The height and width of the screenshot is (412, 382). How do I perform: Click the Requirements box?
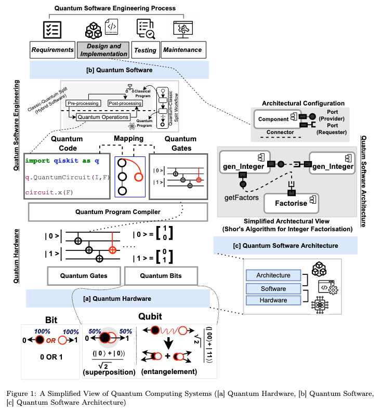pyautogui.click(x=52, y=50)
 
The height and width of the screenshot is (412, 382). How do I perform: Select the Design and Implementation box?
pyautogui.click(x=103, y=50)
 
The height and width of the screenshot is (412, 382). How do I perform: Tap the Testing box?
pyautogui.click(x=145, y=50)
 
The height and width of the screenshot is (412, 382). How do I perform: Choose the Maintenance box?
pyautogui.click(x=183, y=50)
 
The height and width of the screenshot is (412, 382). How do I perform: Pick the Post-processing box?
pyautogui.click(x=125, y=103)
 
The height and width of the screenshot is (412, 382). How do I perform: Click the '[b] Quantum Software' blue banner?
pyautogui.click(x=119, y=69)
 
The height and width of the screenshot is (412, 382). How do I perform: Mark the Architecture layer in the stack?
pyautogui.click(x=273, y=275)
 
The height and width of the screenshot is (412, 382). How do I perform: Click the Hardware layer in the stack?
pyautogui.click(x=273, y=300)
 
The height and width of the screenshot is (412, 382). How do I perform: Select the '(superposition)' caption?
pyautogui.click(x=109, y=372)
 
